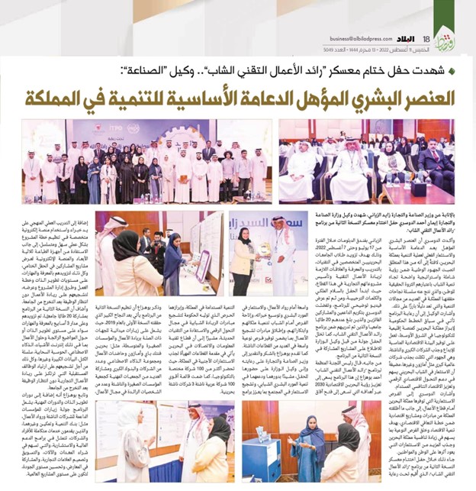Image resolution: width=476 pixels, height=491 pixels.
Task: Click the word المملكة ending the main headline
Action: coord(56,98)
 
